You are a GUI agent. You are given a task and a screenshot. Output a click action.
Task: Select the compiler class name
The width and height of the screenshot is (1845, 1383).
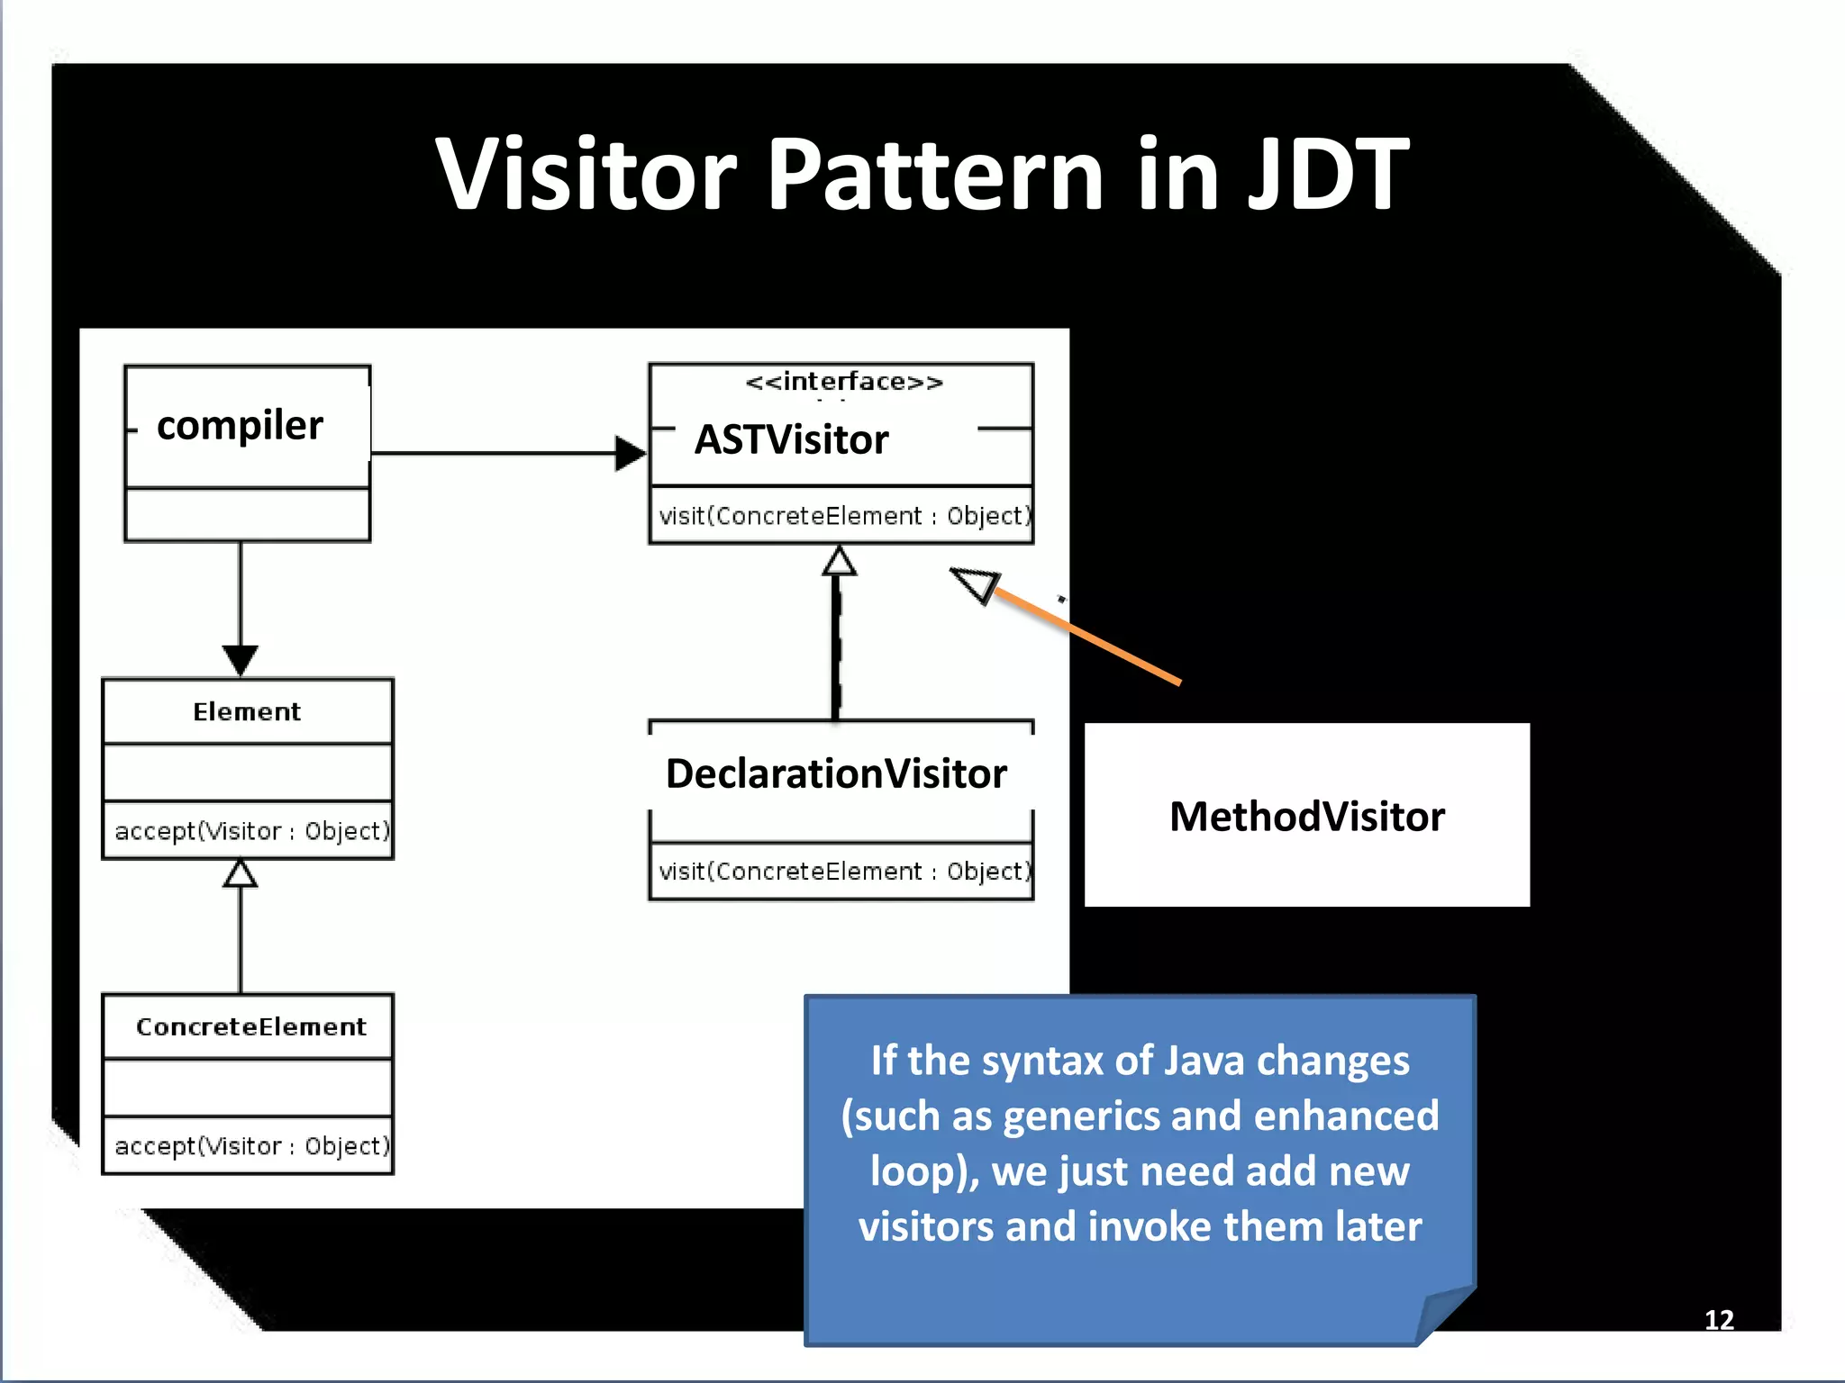coord(240,425)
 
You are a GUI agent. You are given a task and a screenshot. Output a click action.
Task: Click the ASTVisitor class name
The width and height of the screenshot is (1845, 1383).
coord(791,439)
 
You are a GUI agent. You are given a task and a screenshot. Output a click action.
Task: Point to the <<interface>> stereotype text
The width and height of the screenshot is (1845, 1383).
coord(844,382)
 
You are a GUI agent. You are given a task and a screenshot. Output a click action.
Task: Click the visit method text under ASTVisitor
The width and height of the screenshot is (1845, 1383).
coord(844,516)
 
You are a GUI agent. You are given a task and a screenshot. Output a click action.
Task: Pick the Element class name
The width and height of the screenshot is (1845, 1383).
coord(247,711)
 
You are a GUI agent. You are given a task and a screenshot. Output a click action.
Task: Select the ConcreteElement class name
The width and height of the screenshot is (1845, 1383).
coord(251,1026)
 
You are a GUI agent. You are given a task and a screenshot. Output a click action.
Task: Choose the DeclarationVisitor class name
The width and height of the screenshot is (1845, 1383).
coord(836,773)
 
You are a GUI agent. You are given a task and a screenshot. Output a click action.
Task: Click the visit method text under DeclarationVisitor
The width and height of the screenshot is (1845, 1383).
coord(844,871)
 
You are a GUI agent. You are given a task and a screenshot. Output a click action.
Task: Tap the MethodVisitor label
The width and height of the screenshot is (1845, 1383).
coord(1306,817)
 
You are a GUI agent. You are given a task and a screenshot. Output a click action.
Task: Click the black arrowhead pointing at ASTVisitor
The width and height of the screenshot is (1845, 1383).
coord(630,453)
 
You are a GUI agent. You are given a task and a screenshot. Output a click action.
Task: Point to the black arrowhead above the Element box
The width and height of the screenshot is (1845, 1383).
coord(241,659)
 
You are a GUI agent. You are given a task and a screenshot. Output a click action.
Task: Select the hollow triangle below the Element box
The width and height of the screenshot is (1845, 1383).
coord(241,873)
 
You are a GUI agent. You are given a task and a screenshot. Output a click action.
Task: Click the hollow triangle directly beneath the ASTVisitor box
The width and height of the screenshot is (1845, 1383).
coord(839,561)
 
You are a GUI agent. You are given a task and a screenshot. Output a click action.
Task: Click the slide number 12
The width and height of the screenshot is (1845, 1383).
coord(1719,1320)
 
